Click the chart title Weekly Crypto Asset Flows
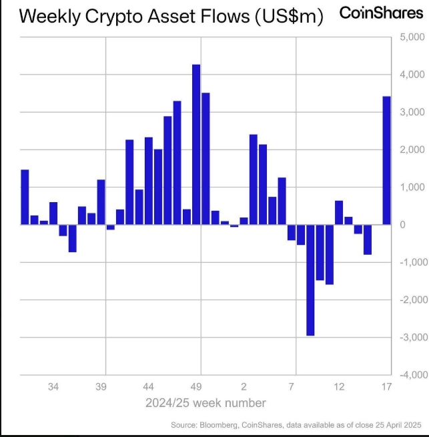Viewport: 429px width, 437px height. (171, 16)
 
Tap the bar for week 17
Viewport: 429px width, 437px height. (386, 160)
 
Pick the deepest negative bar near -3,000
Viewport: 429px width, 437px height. (310, 280)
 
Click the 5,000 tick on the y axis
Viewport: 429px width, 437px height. (409, 37)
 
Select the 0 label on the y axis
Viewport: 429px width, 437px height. (404, 225)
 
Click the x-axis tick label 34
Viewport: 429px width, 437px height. (53, 387)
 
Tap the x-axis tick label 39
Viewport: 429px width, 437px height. (101, 387)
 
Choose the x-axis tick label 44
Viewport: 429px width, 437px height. (149, 387)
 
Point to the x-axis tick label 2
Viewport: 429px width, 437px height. (244, 387)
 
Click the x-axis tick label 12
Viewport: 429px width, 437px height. (339, 387)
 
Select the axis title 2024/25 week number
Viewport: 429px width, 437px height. (205, 403)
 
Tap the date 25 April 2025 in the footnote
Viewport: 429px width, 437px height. (395, 425)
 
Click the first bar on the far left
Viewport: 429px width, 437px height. (25, 197)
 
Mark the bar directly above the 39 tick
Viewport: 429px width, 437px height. (101, 202)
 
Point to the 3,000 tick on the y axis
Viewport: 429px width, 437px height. (409, 112)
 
